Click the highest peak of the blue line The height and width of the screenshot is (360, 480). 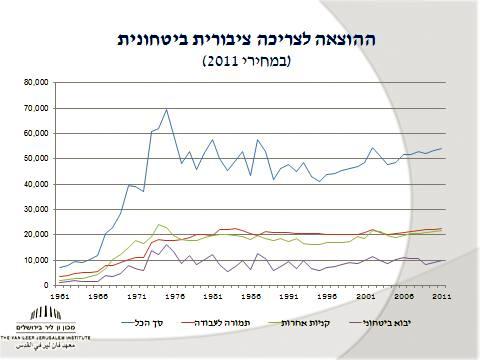(x=166, y=110)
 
